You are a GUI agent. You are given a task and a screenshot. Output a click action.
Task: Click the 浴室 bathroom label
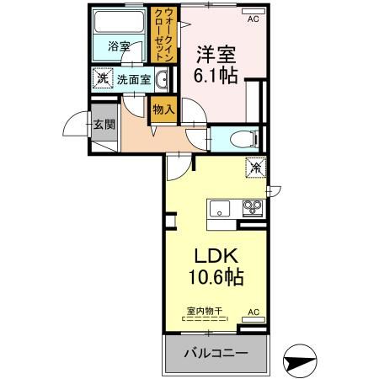tap(119, 47)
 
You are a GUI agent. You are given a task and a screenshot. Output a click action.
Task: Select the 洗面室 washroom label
tap(132, 81)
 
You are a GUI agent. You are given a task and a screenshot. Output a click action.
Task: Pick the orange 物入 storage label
tap(163, 109)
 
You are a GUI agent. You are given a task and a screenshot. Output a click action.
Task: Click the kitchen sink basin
tap(220, 207)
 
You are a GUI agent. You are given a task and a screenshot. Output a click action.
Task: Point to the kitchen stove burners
tap(251, 206)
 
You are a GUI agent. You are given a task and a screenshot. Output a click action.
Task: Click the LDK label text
tap(220, 256)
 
